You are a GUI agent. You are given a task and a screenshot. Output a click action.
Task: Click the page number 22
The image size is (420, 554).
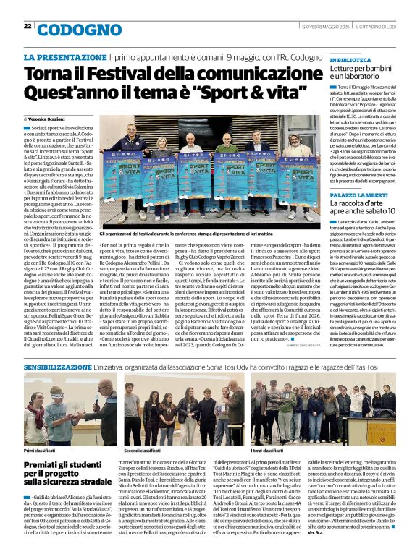click(28, 27)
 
